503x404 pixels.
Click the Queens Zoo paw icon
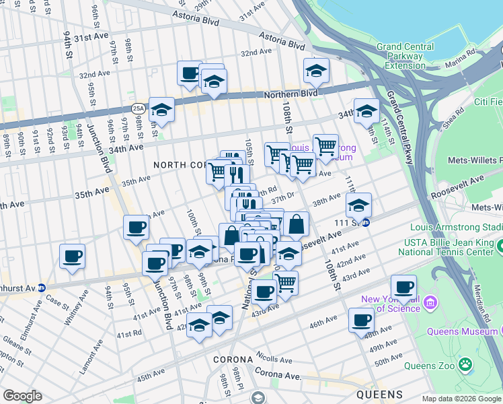tap(465, 364)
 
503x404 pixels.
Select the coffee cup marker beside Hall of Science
tap(404, 288)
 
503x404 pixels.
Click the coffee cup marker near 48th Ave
tap(361, 321)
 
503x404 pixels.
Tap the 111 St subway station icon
tap(365, 223)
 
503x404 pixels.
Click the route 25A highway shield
tap(138, 108)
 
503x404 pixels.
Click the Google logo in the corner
tap(22, 396)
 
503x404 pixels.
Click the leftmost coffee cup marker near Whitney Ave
tap(73, 256)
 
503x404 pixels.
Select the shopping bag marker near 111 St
tap(295, 224)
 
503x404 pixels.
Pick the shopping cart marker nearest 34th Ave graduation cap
tap(325, 146)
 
